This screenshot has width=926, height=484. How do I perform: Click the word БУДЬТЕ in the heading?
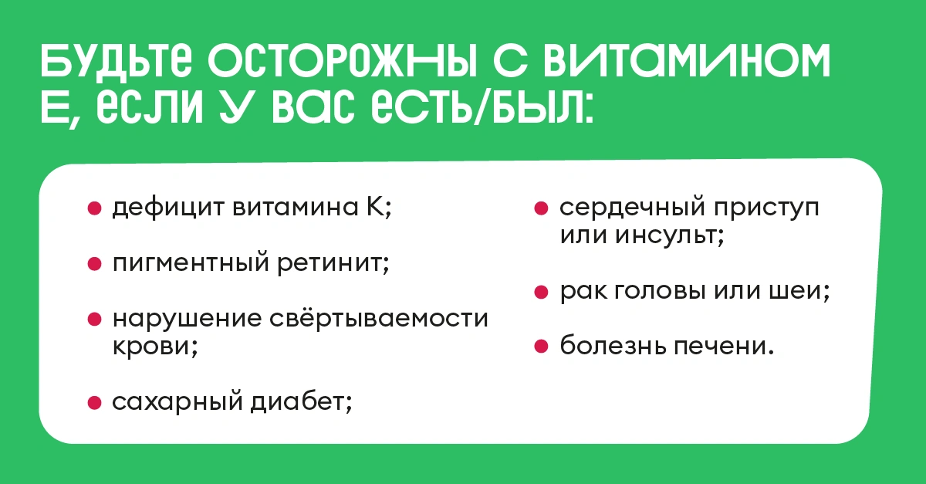click(117, 61)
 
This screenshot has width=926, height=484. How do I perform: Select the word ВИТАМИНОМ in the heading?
click(687, 61)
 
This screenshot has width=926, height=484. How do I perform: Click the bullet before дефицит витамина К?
click(95, 208)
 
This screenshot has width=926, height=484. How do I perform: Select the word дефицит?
click(168, 208)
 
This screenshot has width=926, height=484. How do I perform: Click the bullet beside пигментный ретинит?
click(95, 264)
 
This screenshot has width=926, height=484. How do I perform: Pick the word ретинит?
click(333, 263)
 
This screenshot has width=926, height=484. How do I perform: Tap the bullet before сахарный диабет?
click(95, 402)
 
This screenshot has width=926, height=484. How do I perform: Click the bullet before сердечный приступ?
click(541, 208)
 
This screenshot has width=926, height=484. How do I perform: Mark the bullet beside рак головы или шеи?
click(541, 292)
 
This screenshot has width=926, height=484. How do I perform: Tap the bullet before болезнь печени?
click(541, 347)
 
